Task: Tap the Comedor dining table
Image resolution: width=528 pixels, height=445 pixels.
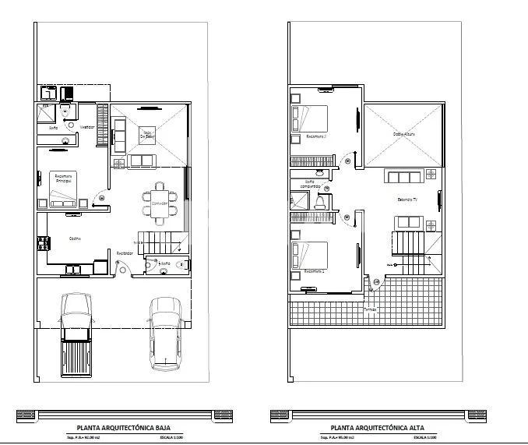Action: tap(159, 200)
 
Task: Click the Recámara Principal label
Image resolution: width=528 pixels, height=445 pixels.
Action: tap(65, 178)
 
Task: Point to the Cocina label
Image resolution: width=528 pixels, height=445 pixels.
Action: tap(76, 238)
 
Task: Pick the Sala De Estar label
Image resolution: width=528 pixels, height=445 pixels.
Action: tap(147, 136)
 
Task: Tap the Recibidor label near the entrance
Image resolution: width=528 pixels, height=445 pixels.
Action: tap(124, 253)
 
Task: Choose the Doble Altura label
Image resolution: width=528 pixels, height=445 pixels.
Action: tap(403, 133)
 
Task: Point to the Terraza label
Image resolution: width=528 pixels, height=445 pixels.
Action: tap(369, 309)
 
